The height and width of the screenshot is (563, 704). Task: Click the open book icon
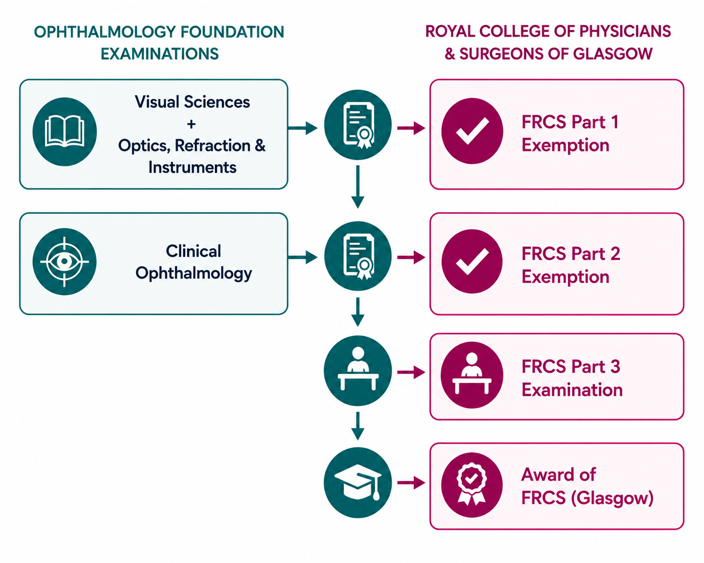[x=64, y=131]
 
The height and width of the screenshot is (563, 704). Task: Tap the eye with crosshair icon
[x=64, y=261]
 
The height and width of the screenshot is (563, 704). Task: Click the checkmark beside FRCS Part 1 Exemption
[x=472, y=131]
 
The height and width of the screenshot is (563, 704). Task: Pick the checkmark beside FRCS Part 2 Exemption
[x=472, y=261]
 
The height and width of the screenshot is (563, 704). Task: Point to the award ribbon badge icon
[x=472, y=485]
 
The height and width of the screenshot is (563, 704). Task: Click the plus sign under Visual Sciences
[x=191, y=124]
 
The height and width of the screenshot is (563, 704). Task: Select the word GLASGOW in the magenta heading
[x=613, y=54]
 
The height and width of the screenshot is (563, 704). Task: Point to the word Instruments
[x=192, y=167]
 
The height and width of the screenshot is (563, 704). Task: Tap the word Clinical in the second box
[x=193, y=251]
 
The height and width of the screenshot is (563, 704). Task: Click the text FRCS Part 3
[x=571, y=366]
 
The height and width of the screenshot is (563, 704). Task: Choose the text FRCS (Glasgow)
[x=587, y=497]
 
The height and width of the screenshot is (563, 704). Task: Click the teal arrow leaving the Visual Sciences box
[x=303, y=127]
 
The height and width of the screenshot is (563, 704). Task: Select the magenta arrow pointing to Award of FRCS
[x=411, y=483]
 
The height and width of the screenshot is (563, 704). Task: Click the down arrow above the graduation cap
[x=358, y=426]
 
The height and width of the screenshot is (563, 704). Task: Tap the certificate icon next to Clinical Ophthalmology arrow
[x=358, y=256]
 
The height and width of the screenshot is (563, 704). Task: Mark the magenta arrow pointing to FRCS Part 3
[x=411, y=372]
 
